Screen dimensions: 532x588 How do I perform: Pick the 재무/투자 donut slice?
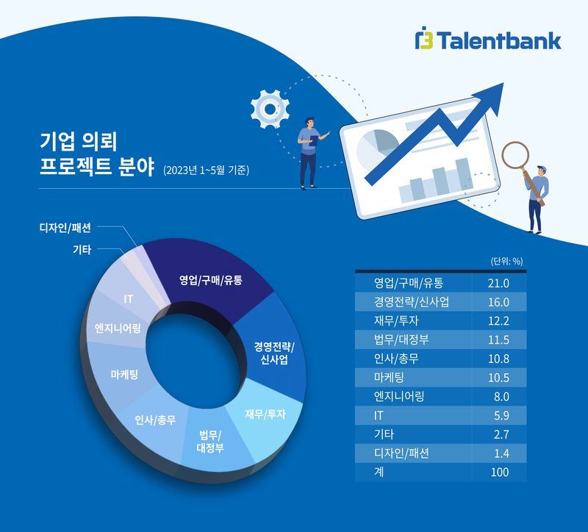click(265, 414)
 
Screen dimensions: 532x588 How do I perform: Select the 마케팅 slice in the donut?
click(124, 374)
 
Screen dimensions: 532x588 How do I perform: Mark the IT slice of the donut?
click(128, 299)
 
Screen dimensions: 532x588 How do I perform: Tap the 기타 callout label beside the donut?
click(82, 250)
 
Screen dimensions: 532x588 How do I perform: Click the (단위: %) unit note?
click(506, 260)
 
